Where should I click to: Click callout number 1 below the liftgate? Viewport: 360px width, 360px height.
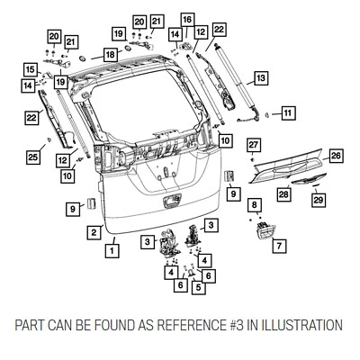tap(112, 251)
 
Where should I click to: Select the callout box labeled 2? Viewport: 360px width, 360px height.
tap(93, 232)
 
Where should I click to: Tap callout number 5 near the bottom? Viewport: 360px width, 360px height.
tap(199, 288)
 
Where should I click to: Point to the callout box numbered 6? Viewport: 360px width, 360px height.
tap(180, 285)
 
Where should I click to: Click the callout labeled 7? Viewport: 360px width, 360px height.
tap(279, 245)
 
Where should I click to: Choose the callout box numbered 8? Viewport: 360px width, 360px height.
tap(256, 206)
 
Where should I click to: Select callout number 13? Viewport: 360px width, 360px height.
tap(260, 78)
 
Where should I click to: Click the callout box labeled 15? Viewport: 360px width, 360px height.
tap(30, 68)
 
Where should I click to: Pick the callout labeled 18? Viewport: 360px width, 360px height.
tap(109, 55)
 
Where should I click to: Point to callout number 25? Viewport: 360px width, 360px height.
tap(31, 157)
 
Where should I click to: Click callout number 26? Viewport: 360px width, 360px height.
tap(336, 156)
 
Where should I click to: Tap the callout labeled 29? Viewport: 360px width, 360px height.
tap(317, 200)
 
